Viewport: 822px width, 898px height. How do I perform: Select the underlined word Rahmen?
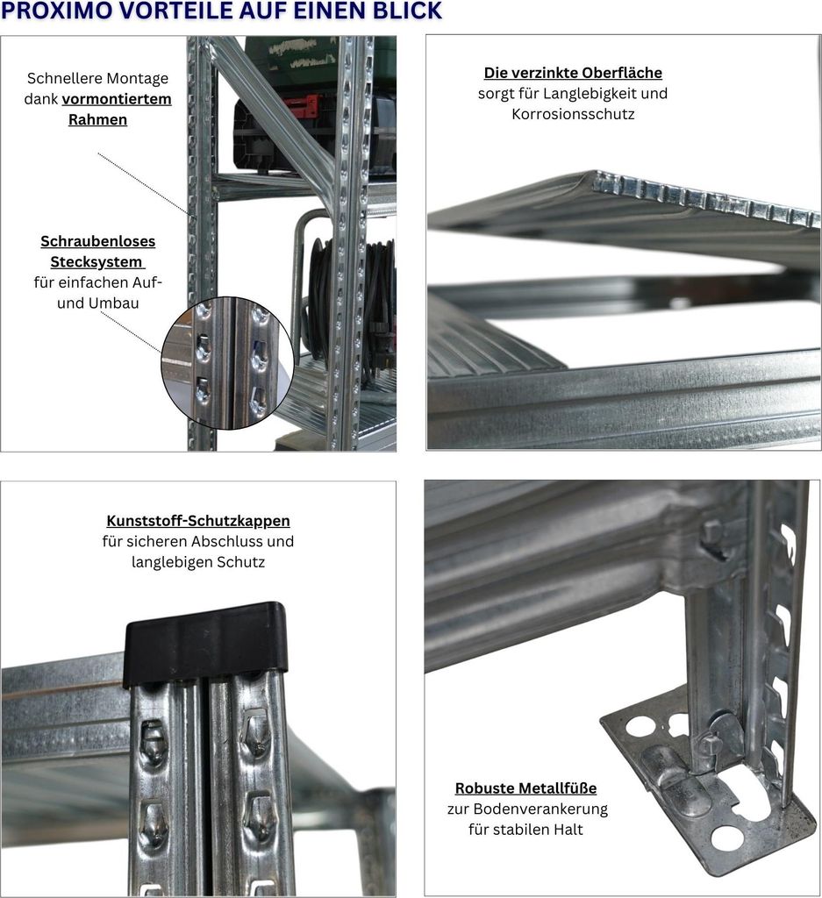click(x=97, y=119)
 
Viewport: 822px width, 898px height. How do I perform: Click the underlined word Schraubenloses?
click(x=98, y=241)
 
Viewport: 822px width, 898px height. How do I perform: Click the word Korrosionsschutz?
click(x=573, y=114)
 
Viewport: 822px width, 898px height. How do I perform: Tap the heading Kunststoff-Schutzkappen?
click(x=198, y=521)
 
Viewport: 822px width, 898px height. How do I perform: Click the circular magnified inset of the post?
click(x=227, y=362)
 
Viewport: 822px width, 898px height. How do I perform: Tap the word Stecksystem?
click(x=96, y=261)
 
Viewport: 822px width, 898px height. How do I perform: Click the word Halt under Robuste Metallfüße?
click(x=567, y=830)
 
